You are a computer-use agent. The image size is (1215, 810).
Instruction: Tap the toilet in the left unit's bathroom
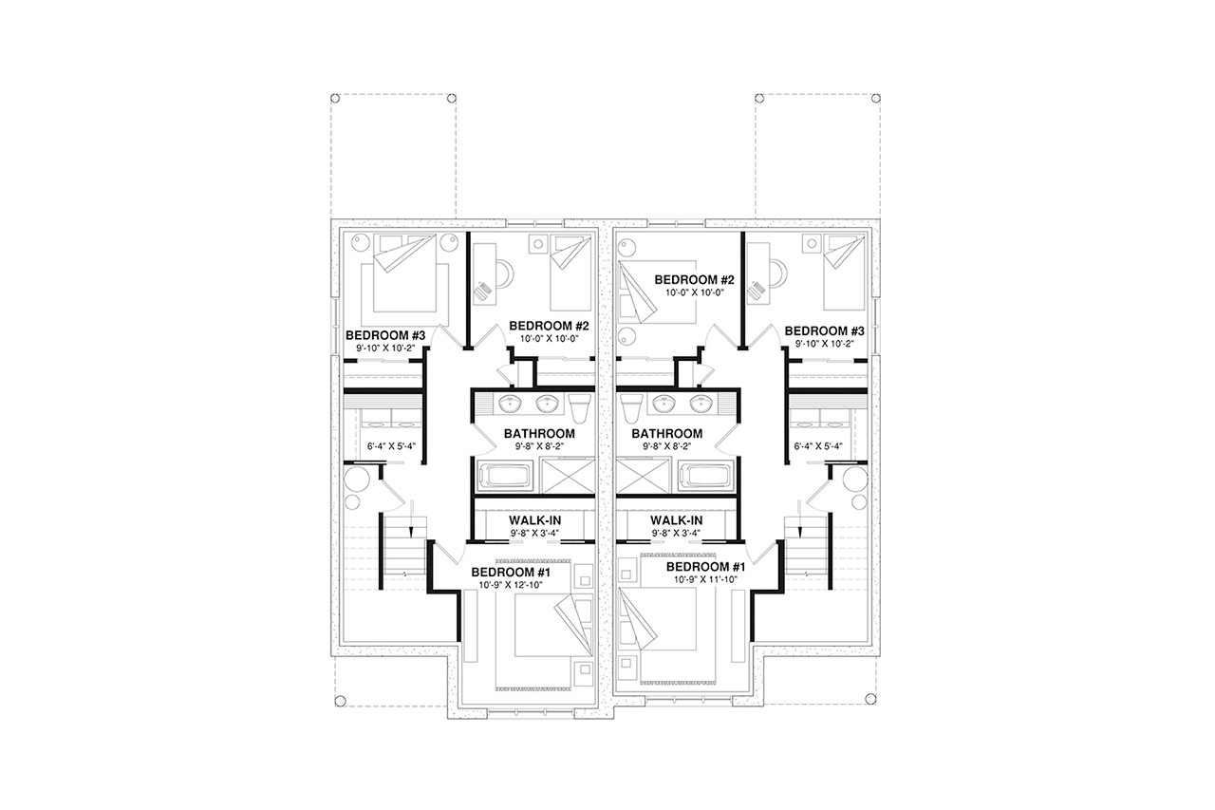click(581, 405)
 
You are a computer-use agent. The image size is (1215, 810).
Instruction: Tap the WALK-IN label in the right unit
click(676, 521)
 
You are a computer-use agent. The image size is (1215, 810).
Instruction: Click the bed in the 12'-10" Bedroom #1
click(543, 630)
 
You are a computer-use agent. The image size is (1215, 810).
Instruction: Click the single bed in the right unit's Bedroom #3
click(841, 274)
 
